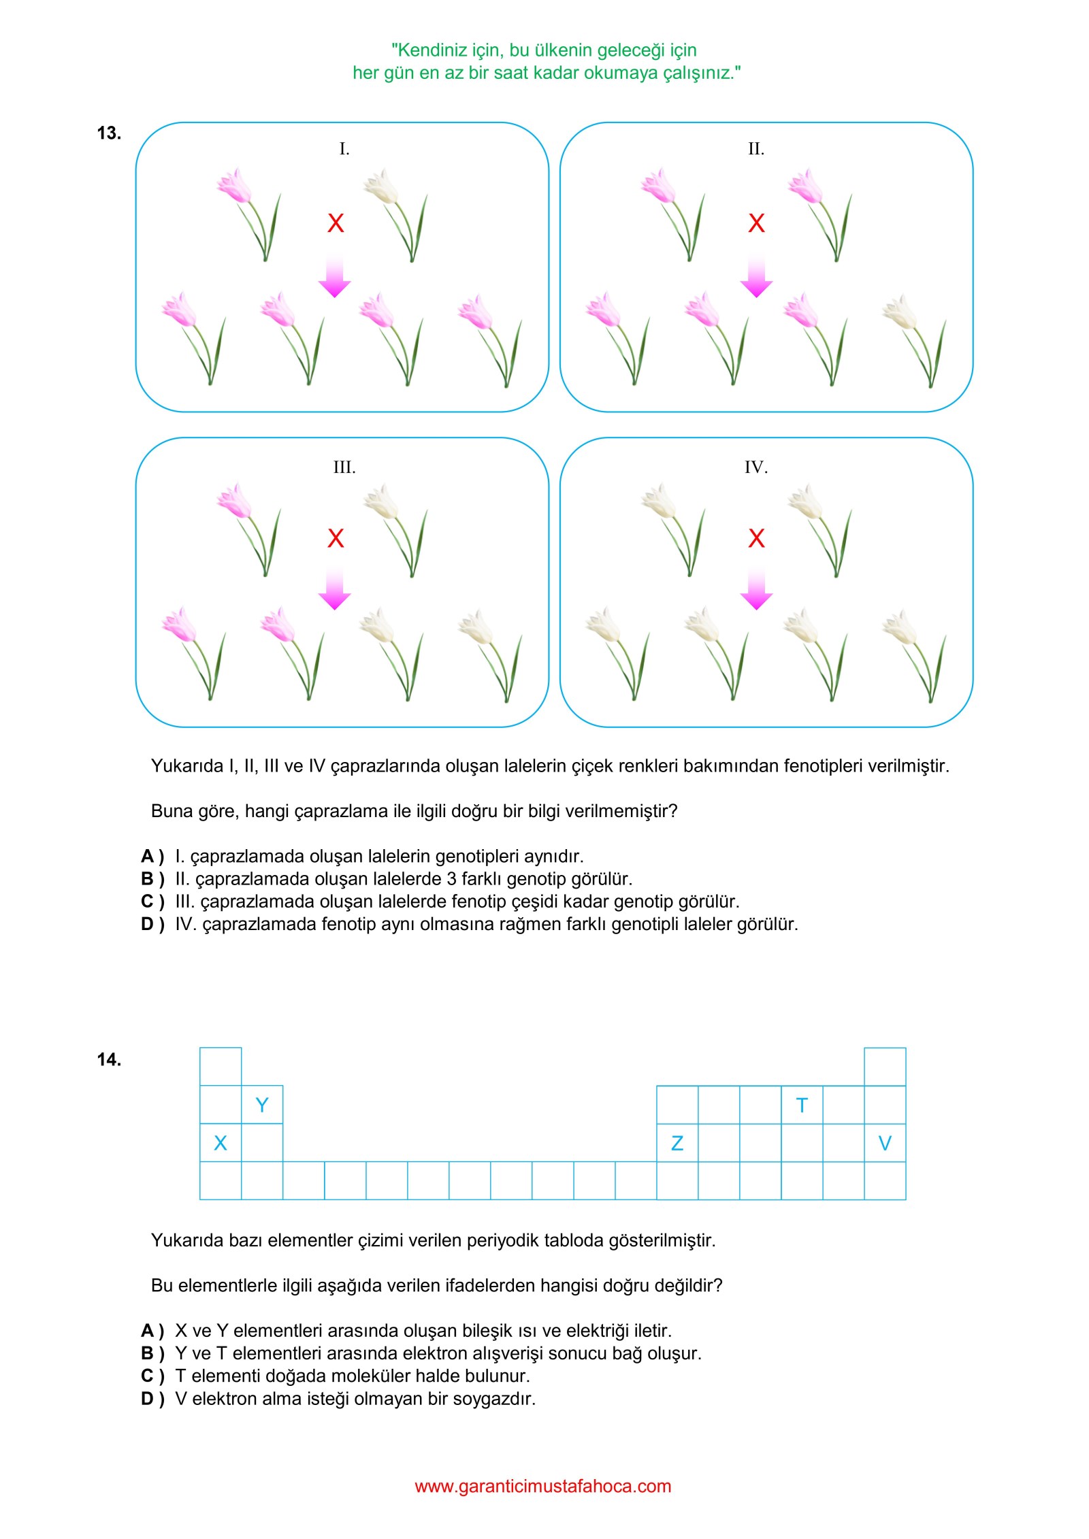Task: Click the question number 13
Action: click(109, 133)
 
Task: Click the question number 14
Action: click(109, 1059)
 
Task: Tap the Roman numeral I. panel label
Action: click(344, 149)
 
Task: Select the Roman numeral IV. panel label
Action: click(755, 467)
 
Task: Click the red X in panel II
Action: click(756, 223)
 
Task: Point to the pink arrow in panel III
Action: click(335, 589)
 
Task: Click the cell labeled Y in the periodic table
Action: click(262, 1105)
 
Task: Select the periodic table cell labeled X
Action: click(221, 1143)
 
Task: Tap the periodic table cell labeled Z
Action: click(677, 1143)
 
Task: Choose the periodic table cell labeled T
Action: click(802, 1106)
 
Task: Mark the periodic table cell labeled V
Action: click(885, 1143)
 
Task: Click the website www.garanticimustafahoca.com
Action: click(543, 1486)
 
